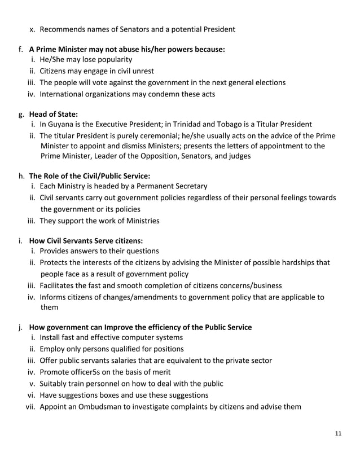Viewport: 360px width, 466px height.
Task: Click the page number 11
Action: click(338, 433)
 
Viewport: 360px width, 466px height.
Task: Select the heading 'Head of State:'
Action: click(54, 113)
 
